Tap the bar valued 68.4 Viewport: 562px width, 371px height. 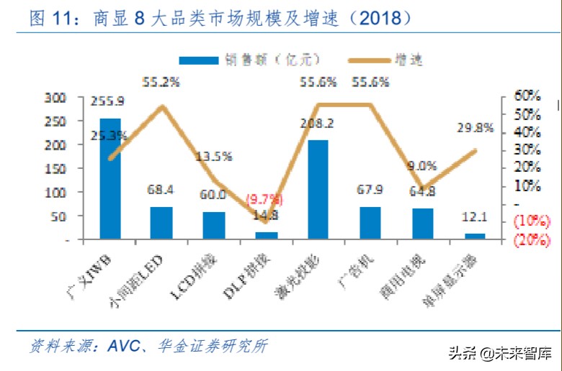[161, 222]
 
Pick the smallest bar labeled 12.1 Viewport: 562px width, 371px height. [475, 235]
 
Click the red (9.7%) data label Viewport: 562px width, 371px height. [264, 198]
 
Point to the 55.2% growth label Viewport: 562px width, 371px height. [161, 83]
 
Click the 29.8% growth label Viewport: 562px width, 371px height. [475, 128]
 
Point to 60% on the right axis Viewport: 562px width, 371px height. [527, 96]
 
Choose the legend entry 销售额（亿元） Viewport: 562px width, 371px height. [249, 60]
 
